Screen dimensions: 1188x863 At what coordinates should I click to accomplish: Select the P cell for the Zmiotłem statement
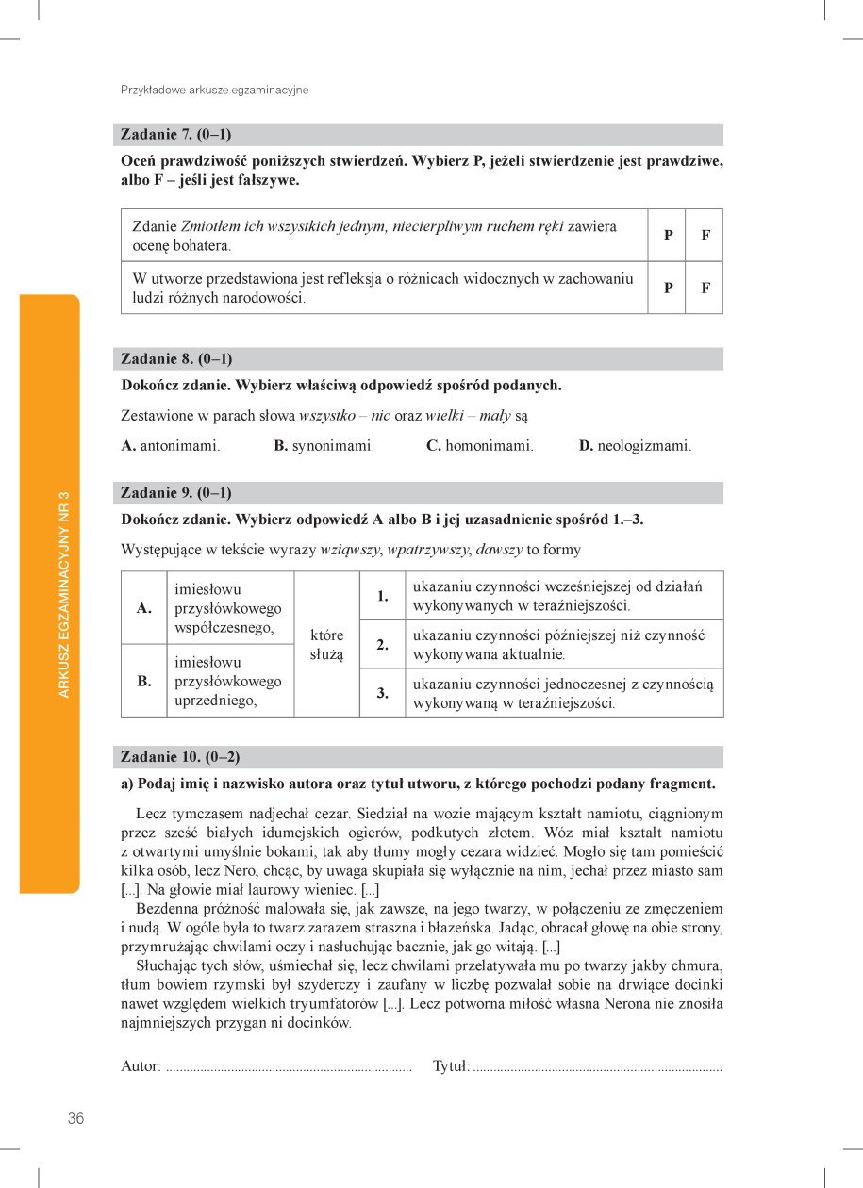668,235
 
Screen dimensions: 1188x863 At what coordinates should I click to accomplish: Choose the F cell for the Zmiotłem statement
705,235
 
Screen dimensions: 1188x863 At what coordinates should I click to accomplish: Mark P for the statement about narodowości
668,288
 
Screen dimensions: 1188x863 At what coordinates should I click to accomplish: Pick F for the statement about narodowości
705,288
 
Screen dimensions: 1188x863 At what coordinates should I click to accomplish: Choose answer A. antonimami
171,446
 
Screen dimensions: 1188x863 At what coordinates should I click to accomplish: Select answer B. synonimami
324,446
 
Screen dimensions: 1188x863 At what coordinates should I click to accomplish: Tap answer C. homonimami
479,446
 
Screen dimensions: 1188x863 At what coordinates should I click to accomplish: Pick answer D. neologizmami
635,446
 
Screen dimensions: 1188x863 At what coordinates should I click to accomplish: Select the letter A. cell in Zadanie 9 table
144,608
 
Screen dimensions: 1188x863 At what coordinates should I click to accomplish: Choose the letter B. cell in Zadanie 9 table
144,681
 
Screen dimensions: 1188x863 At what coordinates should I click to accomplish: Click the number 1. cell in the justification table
383,596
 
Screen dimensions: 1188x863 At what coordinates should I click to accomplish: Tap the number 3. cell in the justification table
383,693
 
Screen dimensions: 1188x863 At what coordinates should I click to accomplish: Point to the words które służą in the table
327,644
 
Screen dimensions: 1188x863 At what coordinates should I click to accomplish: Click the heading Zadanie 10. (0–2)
180,757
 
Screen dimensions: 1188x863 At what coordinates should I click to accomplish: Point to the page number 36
76,1118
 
